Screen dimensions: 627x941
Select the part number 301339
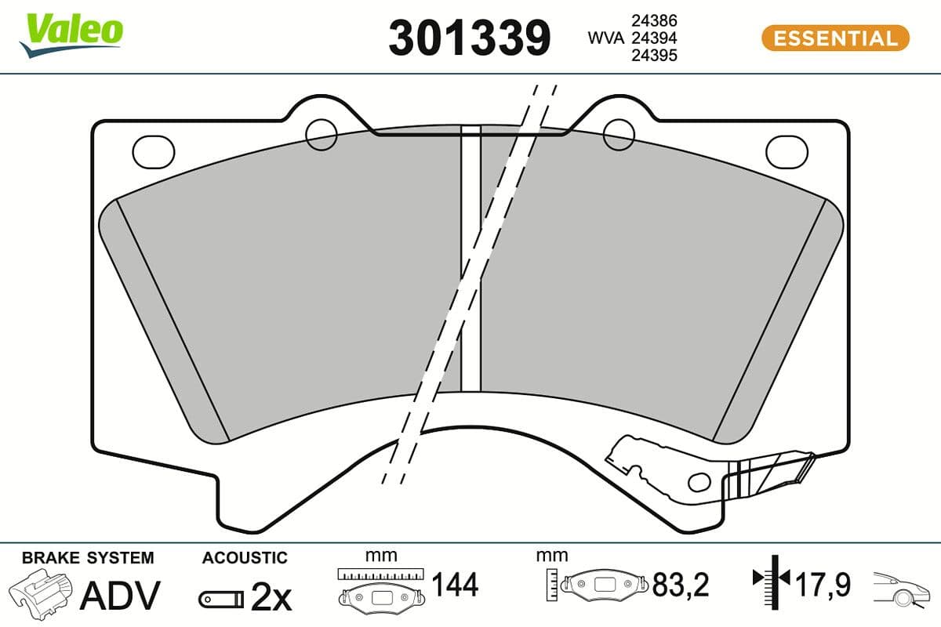470,38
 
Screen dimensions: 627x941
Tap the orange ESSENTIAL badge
834,38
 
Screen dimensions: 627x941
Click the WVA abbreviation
606,38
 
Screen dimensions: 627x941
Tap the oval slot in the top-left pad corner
154,151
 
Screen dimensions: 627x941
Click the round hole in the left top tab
322,135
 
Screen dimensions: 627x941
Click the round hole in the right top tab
618,135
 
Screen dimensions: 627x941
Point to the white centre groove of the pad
470,259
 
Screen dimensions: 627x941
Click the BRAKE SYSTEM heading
88,558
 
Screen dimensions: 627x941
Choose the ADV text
122,596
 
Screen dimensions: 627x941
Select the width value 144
456,585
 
